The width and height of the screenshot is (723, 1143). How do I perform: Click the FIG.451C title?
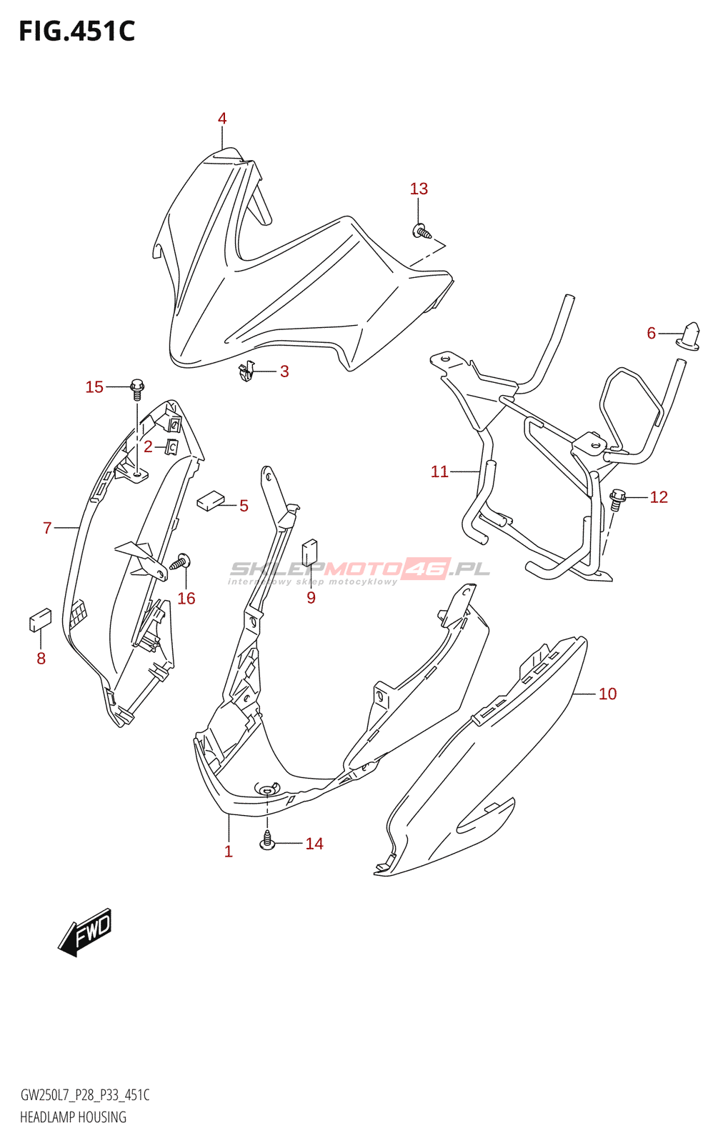click(76, 31)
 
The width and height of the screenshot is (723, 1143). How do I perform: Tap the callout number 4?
click(222, 119)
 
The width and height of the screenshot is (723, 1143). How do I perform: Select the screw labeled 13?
click(422, 231)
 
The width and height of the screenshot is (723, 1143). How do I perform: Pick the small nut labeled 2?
click(171, 447)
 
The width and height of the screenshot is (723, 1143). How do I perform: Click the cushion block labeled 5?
click(210, 500)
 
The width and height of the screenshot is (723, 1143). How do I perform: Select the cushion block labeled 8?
click(40, 619)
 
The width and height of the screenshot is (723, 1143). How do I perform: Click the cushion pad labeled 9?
click(309, 552)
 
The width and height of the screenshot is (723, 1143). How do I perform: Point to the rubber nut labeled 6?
click(689, 335)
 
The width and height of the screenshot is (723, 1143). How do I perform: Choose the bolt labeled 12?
click(617, 498)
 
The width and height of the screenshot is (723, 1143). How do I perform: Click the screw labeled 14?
click(268, 840)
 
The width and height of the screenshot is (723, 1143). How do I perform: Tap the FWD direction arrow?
click(86, 932)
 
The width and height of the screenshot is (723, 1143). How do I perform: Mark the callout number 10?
click(607, 694)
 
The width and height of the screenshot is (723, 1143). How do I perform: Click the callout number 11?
click(439, 471)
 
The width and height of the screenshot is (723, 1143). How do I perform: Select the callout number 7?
click(47, 528)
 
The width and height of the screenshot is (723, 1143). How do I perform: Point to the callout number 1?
click(229, 852)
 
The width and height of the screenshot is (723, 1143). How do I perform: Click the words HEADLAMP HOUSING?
click(73, 1118)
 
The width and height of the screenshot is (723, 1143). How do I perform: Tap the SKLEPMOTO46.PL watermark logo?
click(359, 569)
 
